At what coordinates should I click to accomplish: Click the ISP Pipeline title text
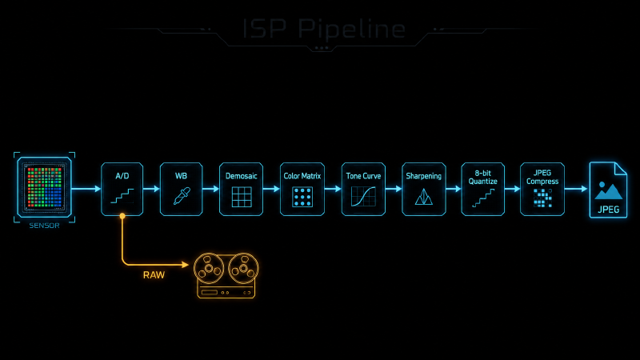click(324, 29)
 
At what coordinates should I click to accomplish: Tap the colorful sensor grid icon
click(45, 187)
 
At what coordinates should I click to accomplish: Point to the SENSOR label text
click(45, 226)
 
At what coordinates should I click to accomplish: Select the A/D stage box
click(122, 189)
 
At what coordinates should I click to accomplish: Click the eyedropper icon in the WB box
click(182, 196)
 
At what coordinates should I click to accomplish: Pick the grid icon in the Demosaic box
click(242, 197)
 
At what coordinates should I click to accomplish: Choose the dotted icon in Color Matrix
click(302, 197)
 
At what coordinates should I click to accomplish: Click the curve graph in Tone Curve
click(363, 196)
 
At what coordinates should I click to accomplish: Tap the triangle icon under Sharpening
click(424, 197)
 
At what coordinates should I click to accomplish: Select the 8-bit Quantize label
click(483, 177)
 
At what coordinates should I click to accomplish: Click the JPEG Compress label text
click(542, 177)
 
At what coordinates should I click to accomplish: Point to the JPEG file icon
click(608, 190)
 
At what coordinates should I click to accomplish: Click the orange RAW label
click(154, 275)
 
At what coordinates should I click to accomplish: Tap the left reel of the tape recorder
click(209, 269)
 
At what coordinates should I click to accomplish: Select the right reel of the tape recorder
click(244, 269)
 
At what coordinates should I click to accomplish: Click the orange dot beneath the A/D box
click(122, 216)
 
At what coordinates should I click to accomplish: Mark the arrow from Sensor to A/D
click(86, 189)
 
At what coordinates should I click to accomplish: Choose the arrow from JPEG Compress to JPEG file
click(576, 189)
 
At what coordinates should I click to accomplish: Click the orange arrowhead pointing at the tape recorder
click(186, 265)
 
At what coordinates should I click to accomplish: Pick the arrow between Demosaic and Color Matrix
click(271, 189)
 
